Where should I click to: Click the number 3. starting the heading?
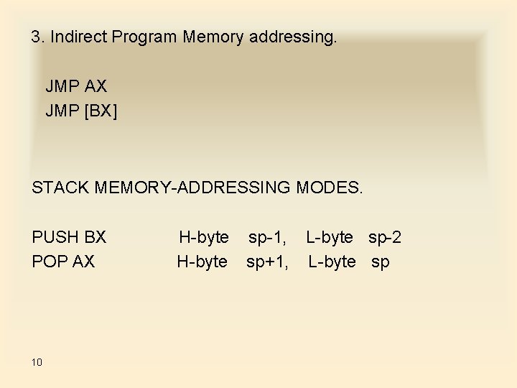click(38, 37)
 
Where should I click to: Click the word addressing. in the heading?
click(292, 37)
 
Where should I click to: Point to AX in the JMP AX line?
click(96, 87)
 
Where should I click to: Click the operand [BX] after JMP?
click(101, 111)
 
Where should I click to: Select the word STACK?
click(58, 188)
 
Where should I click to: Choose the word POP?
click(49, 262)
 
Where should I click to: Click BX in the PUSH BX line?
click(95, 237)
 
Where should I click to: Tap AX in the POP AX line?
click(83, 262)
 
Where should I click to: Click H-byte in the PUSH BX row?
click(204, 237)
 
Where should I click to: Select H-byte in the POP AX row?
click(202, 262)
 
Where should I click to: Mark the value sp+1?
click(267, 262)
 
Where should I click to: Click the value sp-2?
click(385, 237)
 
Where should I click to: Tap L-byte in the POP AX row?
click(332, 262)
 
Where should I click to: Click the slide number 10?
click(37, 362)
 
